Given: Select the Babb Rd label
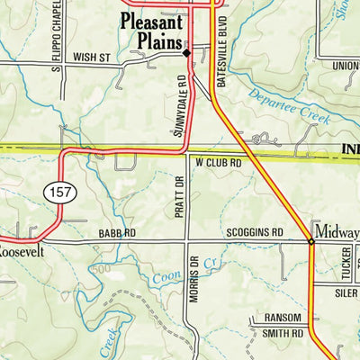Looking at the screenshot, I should coord(117,233).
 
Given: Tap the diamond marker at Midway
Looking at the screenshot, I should coord(311,241).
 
